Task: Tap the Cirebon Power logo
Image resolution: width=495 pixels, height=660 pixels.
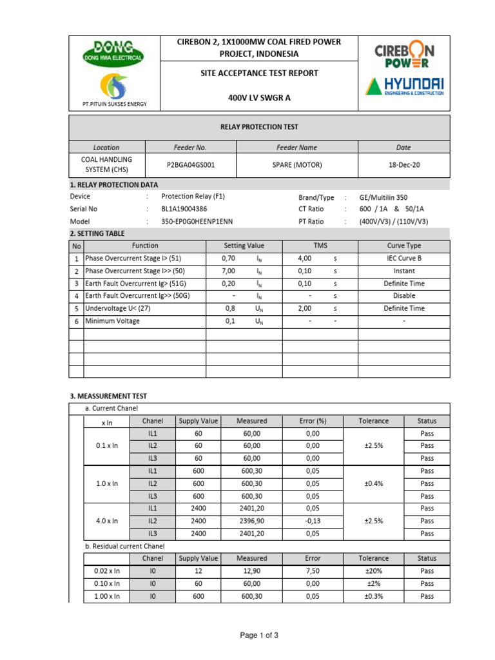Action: point(403,55)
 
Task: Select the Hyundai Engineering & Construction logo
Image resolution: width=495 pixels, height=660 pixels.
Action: point(405,88)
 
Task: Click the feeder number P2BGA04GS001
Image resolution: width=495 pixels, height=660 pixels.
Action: point(191,165)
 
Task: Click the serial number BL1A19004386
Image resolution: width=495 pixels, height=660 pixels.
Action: point(184,209)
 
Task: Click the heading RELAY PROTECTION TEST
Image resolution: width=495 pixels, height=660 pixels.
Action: point(259,127)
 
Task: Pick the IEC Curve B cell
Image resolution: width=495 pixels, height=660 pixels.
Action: point(404,258)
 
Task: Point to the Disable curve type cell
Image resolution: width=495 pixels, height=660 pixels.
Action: point(404,296)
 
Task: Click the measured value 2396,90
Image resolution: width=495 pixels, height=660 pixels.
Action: point(251,521)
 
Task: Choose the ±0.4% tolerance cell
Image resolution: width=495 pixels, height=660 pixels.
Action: point(374,483)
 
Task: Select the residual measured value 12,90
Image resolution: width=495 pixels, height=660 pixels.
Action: point(251,571)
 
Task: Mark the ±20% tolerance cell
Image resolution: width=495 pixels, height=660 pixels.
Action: point(374,571)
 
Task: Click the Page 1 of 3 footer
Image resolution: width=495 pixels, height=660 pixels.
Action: point(259,636)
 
